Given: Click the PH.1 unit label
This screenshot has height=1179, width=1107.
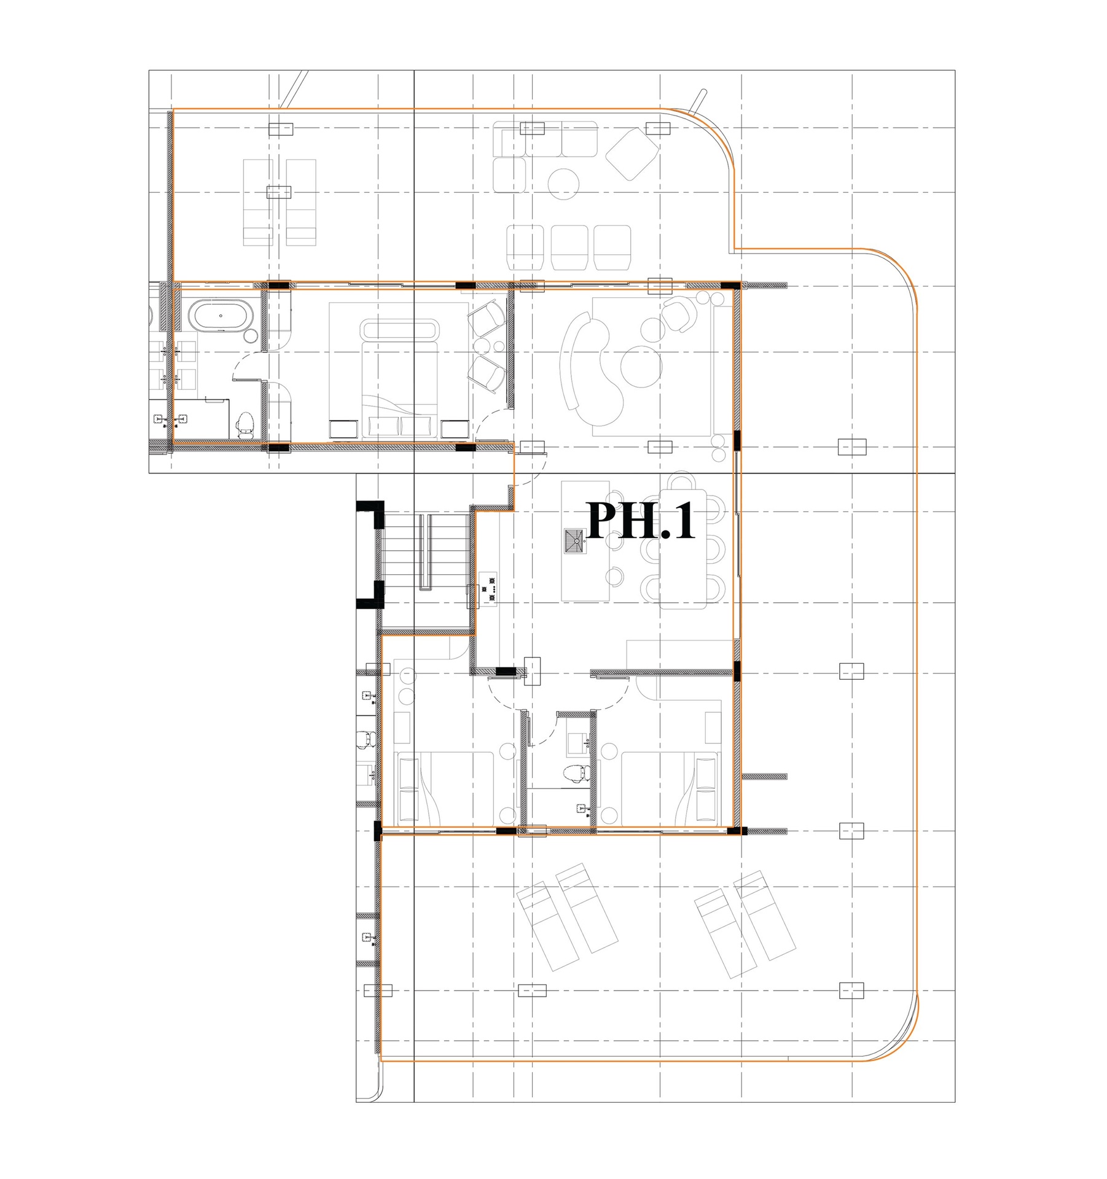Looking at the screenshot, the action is [641, 521].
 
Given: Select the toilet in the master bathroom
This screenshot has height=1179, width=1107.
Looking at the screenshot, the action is [246, 423].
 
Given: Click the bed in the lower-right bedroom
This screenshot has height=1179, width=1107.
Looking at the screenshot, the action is [669, 788].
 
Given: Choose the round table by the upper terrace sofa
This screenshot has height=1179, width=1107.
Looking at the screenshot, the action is [563, 184].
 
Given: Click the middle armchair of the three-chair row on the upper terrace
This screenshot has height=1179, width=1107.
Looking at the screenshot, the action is [569, 247].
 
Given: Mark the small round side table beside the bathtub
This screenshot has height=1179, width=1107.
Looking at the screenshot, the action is [251, 336].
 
